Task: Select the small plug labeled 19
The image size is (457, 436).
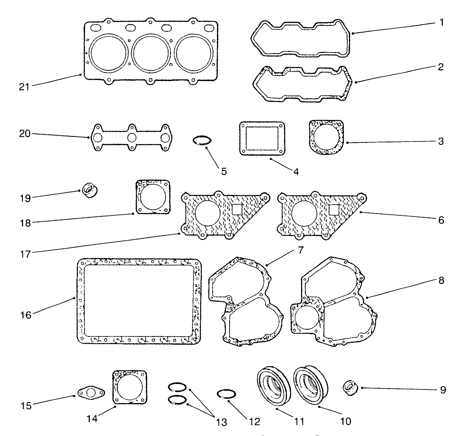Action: pyautogui.click(x=89, y=190)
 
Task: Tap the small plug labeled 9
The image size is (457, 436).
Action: pyautogui.click(x=351, y=387)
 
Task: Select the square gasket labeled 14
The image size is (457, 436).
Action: pyautogui.click(x=130, y=388)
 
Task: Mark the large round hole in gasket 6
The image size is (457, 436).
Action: pyautogui.click(x=303, y=213)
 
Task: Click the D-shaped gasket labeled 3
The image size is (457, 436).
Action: pyautogui.click(x=326, y=137)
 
